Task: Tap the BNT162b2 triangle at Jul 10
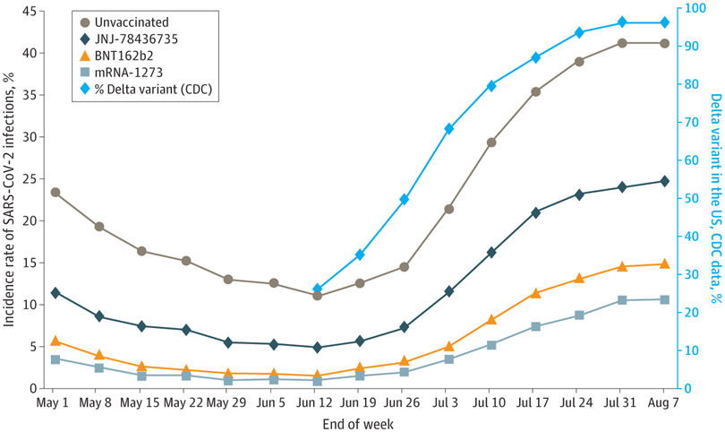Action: tap(491, 320)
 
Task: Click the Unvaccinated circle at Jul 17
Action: tap(535, 91)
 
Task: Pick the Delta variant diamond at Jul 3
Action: tap(448, 129)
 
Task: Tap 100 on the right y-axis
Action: tap(692, 8)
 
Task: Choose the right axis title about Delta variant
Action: tap(715, 197)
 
